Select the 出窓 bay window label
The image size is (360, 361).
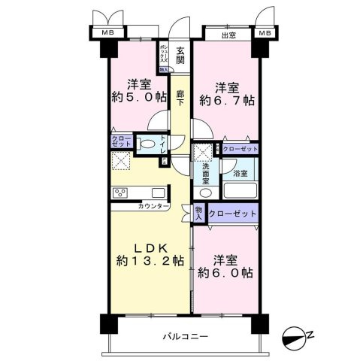(x=228, y=35)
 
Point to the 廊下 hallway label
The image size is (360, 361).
(x=180, y=99)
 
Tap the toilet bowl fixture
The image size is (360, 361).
(x=148, y=144)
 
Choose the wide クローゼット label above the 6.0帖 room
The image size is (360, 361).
(x=233, y=214)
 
